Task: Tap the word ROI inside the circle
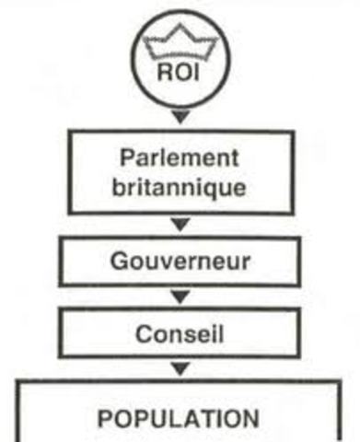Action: pyautogui.click(x=180, y=72)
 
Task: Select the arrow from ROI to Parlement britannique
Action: pyautogui.click(x=180, y=116)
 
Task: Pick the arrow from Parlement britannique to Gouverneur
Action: pyautogui.click(x=180, y=224)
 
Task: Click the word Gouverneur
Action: pyautogui.click(x=179, y=261)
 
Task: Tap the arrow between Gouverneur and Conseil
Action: pyautogui.click(x=180, y=296)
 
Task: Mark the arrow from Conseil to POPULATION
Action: pyautogui.click(x=180, y=369)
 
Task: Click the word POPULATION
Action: pyautogui.click(x=179, y=419)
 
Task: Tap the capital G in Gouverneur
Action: pyautogui.click(x=116, y=261)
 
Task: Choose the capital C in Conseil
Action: pyautogui.click(x=141, y=332)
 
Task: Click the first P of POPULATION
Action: pyautogui.click(x=104, y=419)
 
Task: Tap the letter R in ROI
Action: pyautogui.click(x=166, y=72)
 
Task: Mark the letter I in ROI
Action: pyautogui.click(x=195, y=72)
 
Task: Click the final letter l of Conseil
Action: pyautogui.click(x=218, y=332)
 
